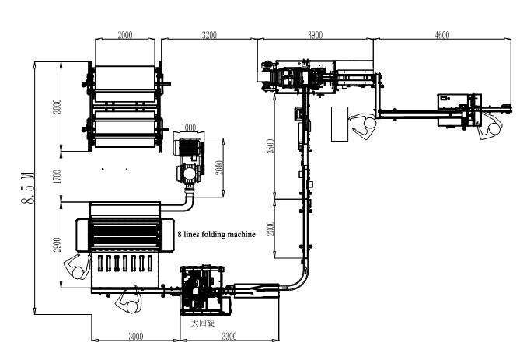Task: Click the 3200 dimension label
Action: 209,35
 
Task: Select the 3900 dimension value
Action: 316,35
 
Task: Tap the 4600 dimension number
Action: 442,35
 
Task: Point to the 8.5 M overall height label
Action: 28,188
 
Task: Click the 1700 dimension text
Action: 58,177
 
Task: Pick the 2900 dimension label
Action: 58,245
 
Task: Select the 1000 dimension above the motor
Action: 189,128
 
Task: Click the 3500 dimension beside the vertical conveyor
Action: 271,146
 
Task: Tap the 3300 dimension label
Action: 229,336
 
